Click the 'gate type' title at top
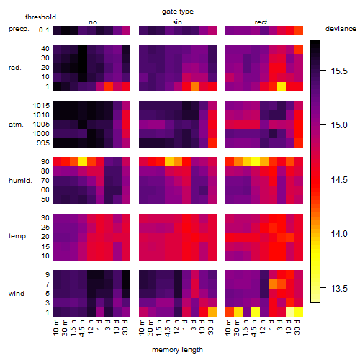pyautogui.click(x=178, y=12)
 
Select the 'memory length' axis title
pyautogui.click(x=177, y=350)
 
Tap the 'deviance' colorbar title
pyautogui.click(x=341, y=29)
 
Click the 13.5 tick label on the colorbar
pyautogui.click(x=339, y=288)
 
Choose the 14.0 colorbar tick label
pyautogui.click(x=339, y=234)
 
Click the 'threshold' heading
pyautogui.click(x=40, y=17)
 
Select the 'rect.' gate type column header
pyautogui.click(x=262, y=22)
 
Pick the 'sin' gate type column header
pyautogui.click(x=177, y=22)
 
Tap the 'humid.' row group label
pyautogui.click(x=20, y=181)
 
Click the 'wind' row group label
pyautogui.click(x=17, y=294)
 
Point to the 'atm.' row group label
pyautogui.click(x=16, y=125)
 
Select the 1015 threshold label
pyautogui.click(x=41, y=106)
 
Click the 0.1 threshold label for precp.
pyautogui.click(x=44, y=30)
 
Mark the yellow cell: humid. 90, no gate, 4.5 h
pyautogui.click(x=83, y=162)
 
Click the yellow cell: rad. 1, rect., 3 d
pyautogui.click(x=282, y=86)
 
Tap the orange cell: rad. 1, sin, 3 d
pyautogui.click(x=195, y=86)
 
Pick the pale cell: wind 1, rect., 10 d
pyautogui.click(x=290, y=312)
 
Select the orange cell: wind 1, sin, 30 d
pyautogui.click(x=212, y=312)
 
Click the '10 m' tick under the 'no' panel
pyautogui.click(x=55, y=327)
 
